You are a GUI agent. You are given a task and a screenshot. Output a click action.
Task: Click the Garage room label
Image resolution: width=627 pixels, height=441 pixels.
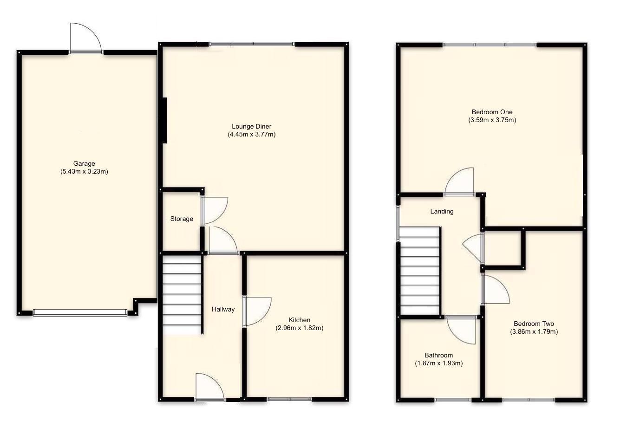[84, 163]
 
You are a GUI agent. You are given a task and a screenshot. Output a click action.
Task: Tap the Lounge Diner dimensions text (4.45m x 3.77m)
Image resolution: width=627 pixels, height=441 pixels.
[251, 135]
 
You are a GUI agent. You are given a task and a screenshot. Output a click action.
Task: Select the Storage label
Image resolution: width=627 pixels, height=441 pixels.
[181, 219]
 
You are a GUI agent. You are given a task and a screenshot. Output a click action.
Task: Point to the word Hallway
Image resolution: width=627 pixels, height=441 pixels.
[223, 309]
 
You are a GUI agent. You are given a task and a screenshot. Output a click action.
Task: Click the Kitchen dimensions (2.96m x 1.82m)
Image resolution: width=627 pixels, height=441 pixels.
[299, 328]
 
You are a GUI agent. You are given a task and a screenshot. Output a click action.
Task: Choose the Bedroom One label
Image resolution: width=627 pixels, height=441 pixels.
[492, 112]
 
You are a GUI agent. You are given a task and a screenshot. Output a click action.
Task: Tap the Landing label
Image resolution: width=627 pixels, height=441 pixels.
[441, 211]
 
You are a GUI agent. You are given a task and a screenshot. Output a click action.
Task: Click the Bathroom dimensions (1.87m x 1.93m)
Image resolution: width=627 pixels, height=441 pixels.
[438, 363]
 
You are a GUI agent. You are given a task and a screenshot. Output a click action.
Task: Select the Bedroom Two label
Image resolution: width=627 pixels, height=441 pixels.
[534, 324]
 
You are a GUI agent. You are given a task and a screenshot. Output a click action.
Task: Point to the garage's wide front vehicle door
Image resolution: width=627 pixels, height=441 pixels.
[80, 313]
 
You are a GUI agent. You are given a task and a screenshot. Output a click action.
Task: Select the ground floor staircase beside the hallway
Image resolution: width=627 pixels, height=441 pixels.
[182, 296]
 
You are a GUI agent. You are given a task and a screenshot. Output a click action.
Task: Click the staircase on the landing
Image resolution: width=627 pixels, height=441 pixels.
[420, 272]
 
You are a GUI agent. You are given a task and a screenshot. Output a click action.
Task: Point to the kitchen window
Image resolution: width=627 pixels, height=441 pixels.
[289, 399]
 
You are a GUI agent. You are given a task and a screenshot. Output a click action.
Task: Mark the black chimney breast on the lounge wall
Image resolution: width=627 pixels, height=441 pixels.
[164, 120]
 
